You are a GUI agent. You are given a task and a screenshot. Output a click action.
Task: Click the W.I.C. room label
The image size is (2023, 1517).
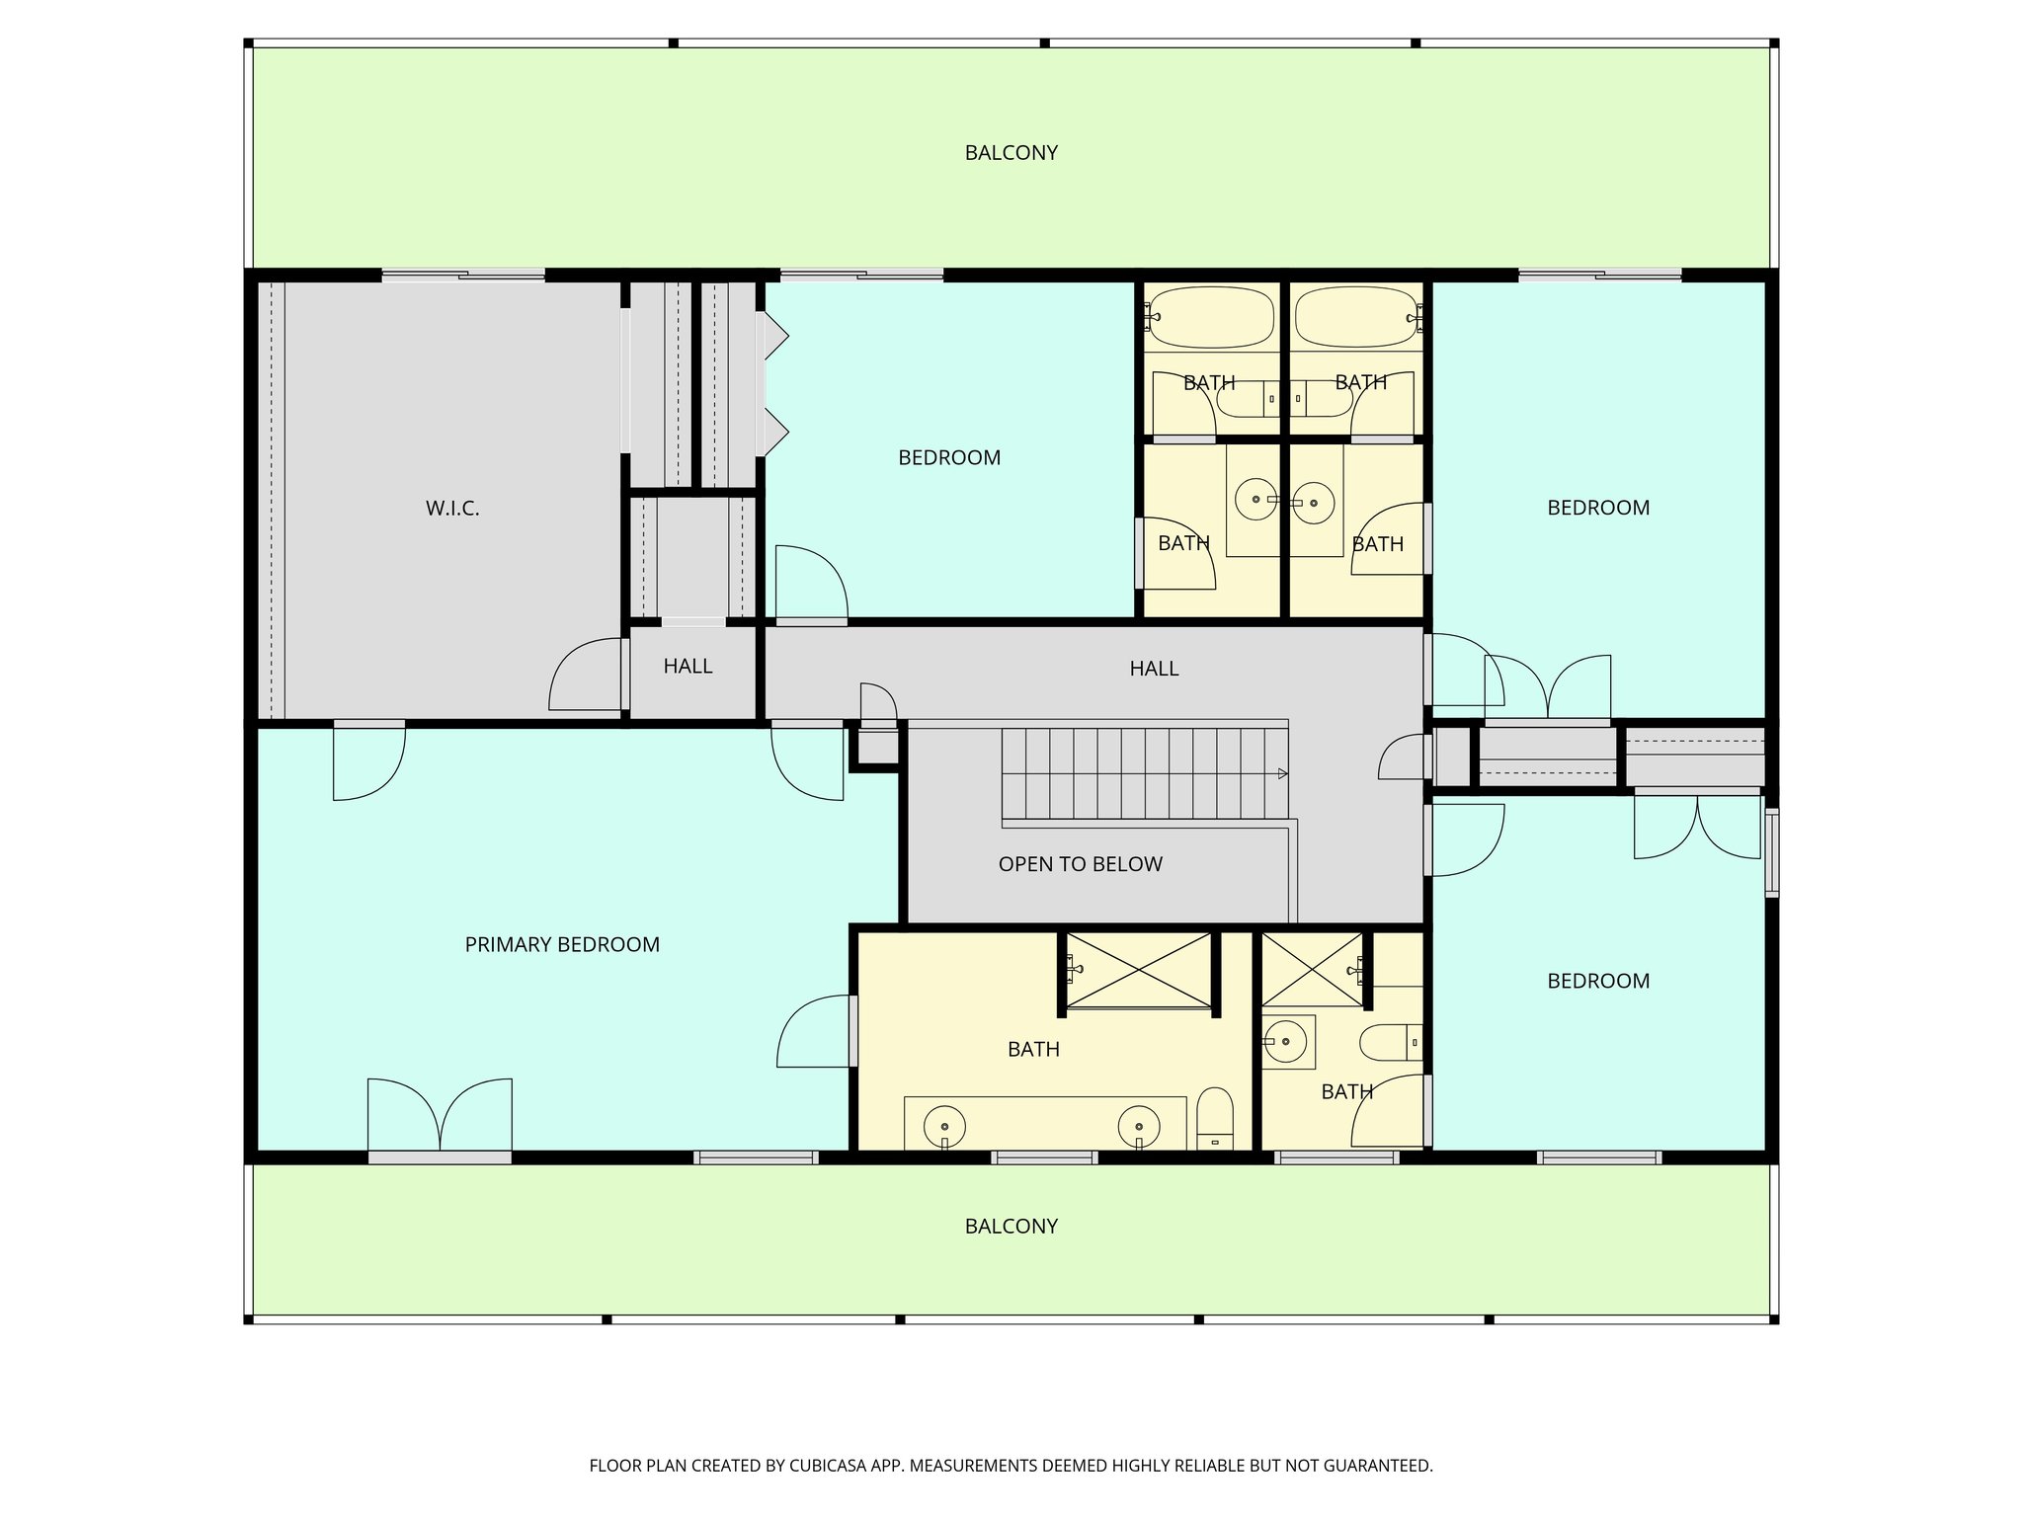(452, 509)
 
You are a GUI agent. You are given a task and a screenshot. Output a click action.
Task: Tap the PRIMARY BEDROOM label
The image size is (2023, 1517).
(562, 945)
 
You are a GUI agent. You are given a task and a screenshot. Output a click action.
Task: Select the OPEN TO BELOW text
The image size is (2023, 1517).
(1080, 864)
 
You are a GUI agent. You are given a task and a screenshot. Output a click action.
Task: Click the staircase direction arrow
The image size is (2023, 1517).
(1282, 773)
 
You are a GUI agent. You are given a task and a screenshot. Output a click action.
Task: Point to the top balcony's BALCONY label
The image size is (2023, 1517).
(1011, 153)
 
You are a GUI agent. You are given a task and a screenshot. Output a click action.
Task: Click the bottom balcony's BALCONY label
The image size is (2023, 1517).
(1011, 1227)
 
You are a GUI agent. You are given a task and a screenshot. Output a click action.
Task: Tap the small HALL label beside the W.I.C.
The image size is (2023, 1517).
(688, 667)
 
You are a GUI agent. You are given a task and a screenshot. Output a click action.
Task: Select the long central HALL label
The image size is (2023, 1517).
(1153, 669)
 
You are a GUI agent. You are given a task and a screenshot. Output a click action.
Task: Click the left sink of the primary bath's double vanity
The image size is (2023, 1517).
(945, 1125)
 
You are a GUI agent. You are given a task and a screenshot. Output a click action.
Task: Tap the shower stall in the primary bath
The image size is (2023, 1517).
(1138, 970)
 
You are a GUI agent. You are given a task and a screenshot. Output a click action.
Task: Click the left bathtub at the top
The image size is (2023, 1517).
(1211, 317)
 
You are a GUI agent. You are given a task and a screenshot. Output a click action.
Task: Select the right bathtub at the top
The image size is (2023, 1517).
(1355, 317)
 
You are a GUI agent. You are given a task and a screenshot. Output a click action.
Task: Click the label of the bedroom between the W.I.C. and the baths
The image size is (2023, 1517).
(948, 458)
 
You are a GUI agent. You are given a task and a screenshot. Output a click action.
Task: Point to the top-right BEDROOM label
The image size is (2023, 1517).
(1597, 508)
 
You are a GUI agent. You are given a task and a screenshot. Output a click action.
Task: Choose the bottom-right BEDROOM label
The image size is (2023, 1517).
(1597, 981)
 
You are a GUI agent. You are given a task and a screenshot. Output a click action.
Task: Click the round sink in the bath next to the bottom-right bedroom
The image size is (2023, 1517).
(1285, 1041)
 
